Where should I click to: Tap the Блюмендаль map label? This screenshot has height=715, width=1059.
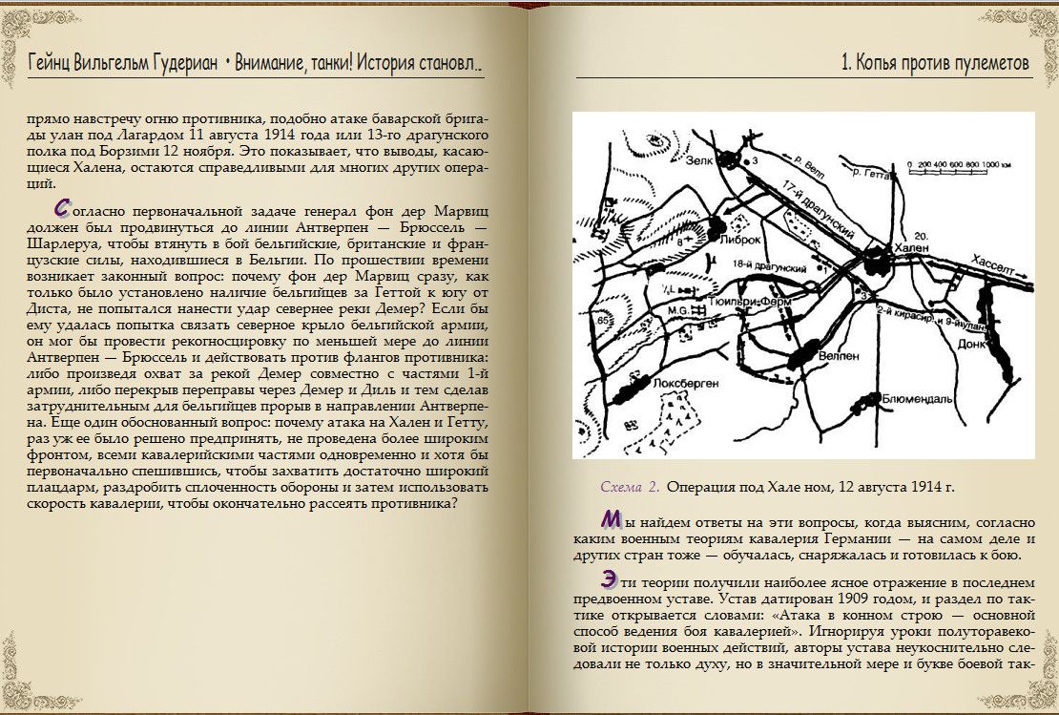918,400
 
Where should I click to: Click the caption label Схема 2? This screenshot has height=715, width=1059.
630,487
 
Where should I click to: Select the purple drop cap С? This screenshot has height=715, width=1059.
62,206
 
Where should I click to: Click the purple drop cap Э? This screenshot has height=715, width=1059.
609,578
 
